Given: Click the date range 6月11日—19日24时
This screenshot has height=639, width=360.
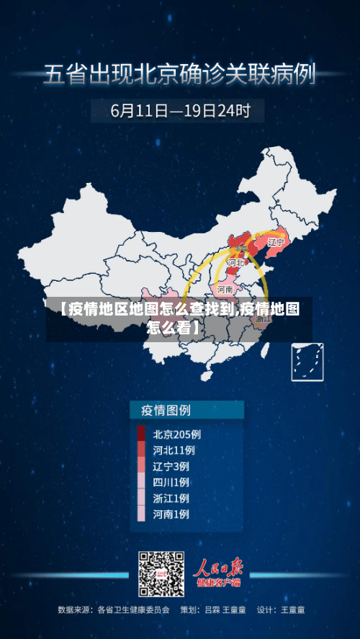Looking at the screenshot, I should (x=180, y=111).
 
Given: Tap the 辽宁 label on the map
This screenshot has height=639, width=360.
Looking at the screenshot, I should (x=276, y=243).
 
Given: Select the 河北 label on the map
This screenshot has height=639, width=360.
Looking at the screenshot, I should (x=235, y=264).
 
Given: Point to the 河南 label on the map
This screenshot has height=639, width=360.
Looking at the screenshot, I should (x=225, y=290).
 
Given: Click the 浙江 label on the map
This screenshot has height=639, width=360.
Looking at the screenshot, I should (x=264, y=316).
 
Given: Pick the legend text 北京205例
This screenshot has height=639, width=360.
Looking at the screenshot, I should (x=176, y=434).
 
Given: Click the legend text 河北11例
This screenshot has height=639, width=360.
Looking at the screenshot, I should (x=174, y=450).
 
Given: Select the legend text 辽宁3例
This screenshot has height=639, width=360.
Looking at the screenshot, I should (x=171, y=466).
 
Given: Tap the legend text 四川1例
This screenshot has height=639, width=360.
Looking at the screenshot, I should (x=171, y=482).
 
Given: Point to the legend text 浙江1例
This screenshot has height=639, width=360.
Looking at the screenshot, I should (x=171, y=498).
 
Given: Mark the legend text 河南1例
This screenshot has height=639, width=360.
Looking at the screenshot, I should (x=171, y=514).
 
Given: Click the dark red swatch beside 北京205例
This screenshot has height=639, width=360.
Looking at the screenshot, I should (x=141, y=434).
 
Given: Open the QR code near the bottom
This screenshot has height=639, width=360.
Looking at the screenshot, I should (x=161, y=574).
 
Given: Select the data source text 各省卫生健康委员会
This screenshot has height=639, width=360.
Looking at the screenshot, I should (x=134, y=610).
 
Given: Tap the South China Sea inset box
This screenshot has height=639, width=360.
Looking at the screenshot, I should (x=307, y=362).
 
